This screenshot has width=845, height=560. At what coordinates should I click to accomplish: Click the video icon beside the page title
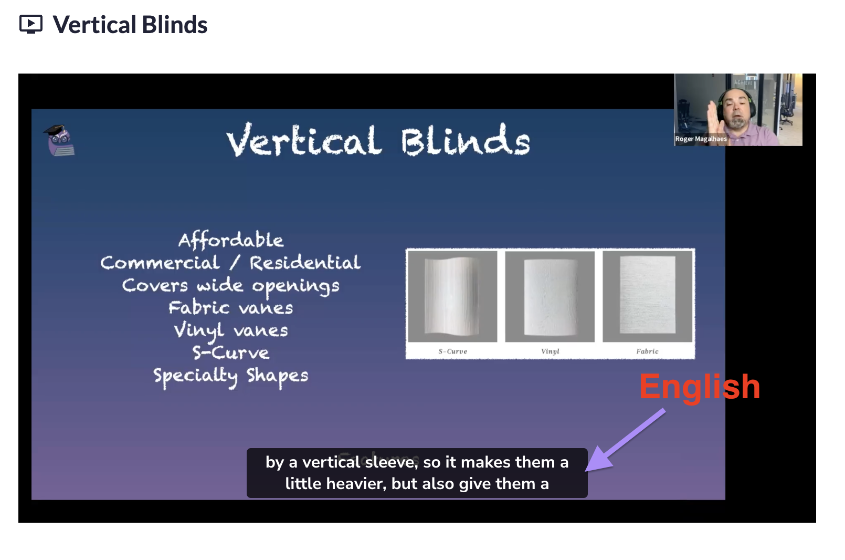coord(31,24)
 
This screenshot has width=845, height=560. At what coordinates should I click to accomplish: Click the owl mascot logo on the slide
coord(59,140)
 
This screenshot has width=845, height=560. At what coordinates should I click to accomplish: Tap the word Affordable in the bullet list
coord(231,240)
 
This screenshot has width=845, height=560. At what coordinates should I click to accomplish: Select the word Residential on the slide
coord(305,263)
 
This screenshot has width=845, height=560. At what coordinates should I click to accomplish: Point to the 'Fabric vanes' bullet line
coord(230,308)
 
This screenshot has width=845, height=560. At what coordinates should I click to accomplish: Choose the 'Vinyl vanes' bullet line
coord(230,331)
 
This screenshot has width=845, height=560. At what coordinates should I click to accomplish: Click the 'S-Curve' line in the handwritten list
coord(230,352)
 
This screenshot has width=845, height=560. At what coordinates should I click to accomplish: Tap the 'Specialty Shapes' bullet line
coord(230,377)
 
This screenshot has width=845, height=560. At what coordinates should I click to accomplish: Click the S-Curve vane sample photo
coord(452,296)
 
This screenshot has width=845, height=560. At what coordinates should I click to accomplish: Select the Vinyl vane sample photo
coord(550,296)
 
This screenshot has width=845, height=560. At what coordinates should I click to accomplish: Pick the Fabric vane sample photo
coord(647,296)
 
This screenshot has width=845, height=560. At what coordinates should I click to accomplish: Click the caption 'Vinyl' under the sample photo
coord(550,351)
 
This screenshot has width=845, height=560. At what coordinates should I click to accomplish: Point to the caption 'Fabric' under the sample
coord(647,351)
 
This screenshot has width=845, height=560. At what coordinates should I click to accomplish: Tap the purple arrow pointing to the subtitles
coord(625,440)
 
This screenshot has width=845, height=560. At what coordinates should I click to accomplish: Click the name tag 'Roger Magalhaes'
coord(701,139)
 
